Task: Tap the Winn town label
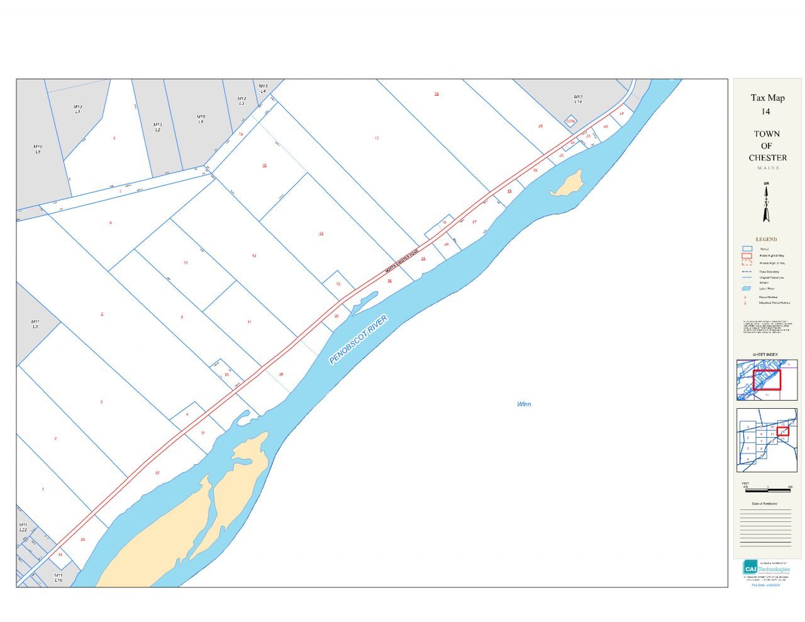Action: tap(524, 404)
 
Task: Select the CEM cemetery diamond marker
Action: tap(570, 121)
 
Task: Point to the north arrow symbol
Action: tap(766, 203)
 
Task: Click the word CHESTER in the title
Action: tap(767, 157)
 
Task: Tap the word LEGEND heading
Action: tap(766, 239)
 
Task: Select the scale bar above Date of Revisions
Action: tap(767, 489)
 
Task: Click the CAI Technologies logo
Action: tap(767, 567)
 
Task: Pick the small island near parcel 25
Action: tap(567, 183)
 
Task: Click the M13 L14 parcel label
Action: tap(577, 99)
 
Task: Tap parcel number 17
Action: tap(377, 138)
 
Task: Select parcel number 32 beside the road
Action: tap(157, 473)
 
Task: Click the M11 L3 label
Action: tap(35, 324)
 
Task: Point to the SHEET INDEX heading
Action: tap(765, 355)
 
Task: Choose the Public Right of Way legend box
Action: tap(747, 255)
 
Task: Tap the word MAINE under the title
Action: tap(768, 168)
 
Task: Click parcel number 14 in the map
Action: tap(321, 233)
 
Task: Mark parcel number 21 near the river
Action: tap(621, 114)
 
